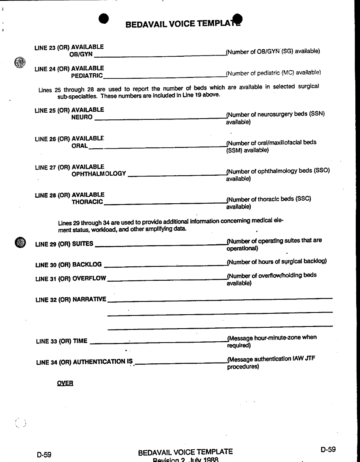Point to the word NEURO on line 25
click(x=82, y=117)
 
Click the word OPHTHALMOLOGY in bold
click(x=99, y=174)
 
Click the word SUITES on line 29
click(x=83, y=244)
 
